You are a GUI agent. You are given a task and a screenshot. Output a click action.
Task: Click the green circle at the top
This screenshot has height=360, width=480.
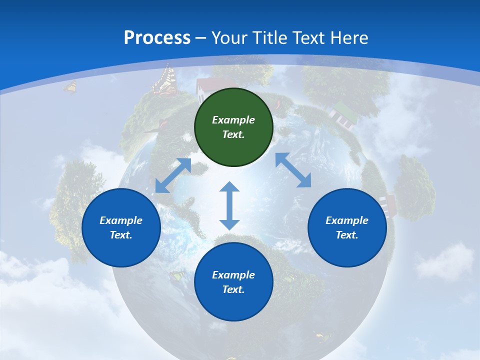pyautogui.click(x=233, y=127)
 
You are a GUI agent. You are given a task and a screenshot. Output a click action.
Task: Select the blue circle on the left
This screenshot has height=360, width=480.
pyautogui.click(x=121, y=227)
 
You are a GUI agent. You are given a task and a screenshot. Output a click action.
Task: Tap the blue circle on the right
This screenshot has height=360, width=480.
pyautogui.click(x=347, y=227)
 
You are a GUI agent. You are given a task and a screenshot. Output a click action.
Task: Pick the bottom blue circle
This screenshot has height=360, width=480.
pyautogui.click(x=233, y=282)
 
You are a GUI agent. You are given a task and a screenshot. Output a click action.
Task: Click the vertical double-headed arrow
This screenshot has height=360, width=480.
pyautogui.click(x=229, y=205)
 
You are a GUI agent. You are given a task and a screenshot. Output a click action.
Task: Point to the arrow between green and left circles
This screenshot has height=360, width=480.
pyautogui.click(x=173, y=175)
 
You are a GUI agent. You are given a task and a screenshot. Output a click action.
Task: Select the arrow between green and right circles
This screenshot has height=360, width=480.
pyautogui.click(x=293, y=170)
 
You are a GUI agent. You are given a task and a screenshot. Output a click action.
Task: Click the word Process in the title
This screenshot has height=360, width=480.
pyautogui.click(x=157, y=38)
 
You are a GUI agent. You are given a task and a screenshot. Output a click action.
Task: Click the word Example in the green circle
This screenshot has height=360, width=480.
pyautogui.click(x=233, y=120)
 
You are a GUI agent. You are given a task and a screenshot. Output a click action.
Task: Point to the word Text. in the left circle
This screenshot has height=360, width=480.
pyautogui.click(x=121, y=235)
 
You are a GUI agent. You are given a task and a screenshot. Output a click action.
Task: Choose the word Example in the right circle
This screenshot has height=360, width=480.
pyautogui.click(x=347, y=220)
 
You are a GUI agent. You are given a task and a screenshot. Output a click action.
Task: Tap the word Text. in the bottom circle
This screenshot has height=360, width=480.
pyautogui.click(x=233, y=289)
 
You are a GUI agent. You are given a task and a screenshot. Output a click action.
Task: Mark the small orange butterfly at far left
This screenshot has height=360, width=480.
pyautogui.click(x=70, y=87)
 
